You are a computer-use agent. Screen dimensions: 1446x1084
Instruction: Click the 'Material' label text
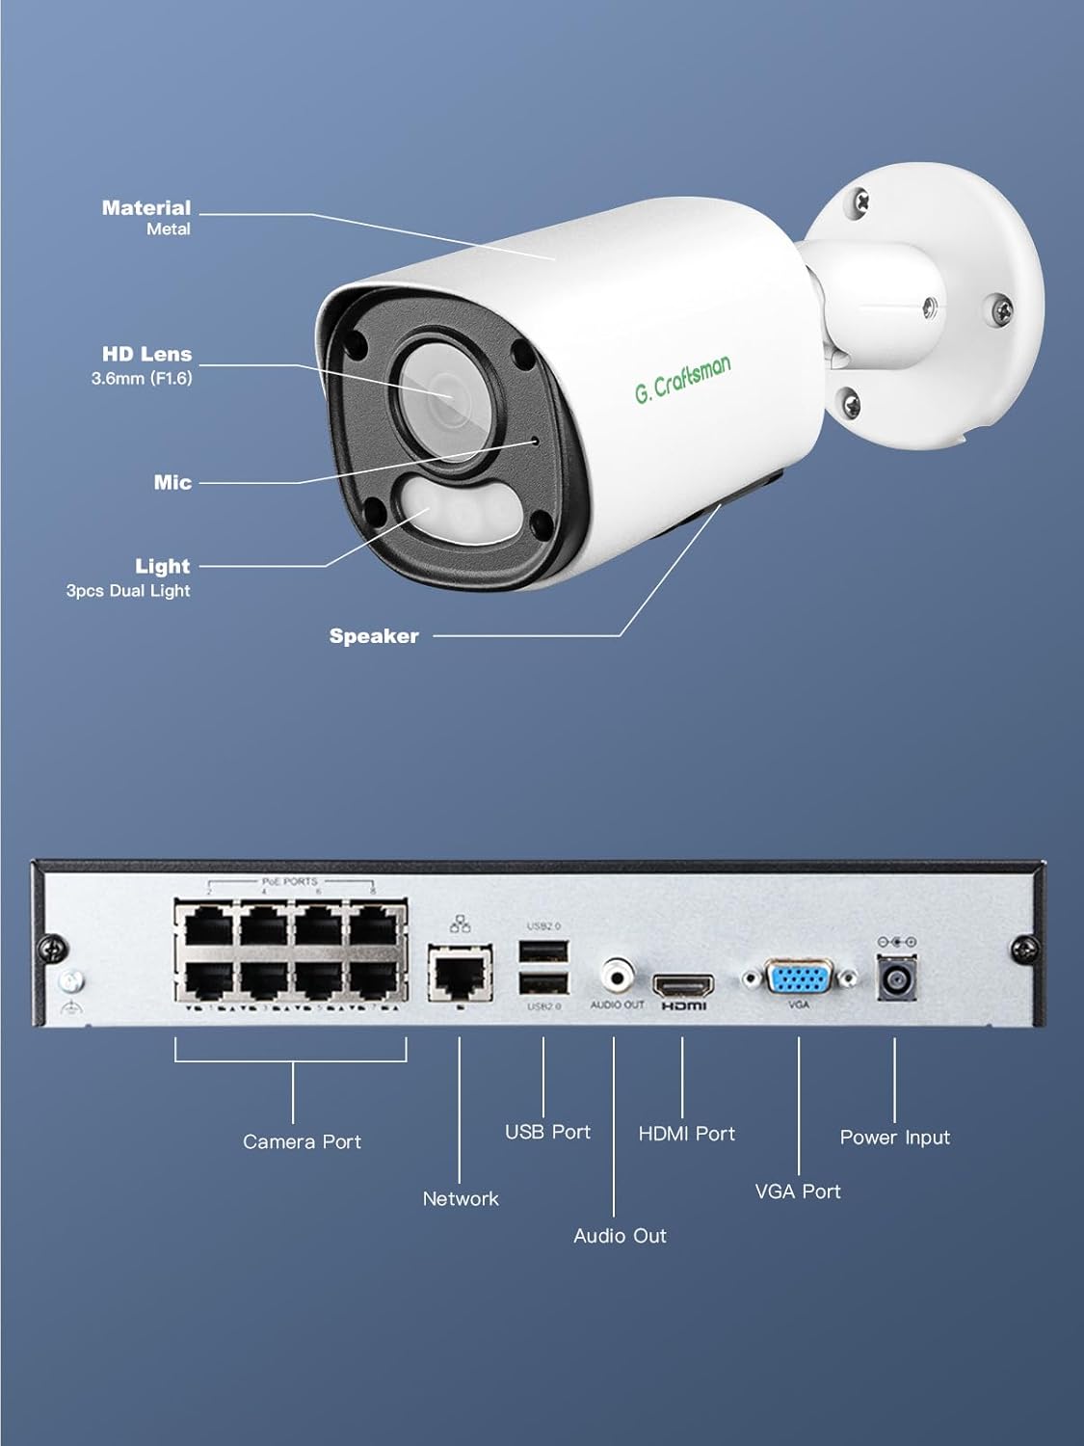point(146,207)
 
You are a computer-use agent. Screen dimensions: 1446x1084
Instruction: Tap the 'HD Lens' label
point(146,354)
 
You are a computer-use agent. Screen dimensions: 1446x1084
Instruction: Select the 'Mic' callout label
point(172,482)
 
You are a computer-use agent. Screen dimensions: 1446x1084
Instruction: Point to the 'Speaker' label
point(374,636)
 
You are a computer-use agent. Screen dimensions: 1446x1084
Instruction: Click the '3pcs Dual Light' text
point(128,591)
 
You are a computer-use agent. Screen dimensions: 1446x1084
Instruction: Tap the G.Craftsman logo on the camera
point(682,377)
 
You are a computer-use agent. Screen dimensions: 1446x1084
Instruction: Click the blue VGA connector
point(798,978)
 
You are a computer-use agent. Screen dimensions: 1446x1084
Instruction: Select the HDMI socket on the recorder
point(683,985)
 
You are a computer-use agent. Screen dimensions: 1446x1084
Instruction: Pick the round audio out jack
point(617,976)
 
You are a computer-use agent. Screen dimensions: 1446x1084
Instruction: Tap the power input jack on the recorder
point(894,979)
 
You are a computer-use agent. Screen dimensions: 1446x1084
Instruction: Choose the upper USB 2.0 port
point(543,951)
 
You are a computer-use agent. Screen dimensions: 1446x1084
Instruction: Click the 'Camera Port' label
point(302,1141)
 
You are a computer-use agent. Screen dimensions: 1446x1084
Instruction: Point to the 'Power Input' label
point(894,1138)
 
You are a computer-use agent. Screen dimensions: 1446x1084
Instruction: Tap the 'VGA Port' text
point(798,1192)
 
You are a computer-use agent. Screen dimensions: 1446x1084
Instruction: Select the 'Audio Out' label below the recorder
point(620,1236)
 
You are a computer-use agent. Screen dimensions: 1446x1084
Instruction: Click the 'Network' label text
point(461,1199)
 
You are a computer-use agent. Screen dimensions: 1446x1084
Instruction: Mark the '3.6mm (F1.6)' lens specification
point(142,378)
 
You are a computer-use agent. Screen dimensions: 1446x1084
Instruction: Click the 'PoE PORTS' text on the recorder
point(289,881)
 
